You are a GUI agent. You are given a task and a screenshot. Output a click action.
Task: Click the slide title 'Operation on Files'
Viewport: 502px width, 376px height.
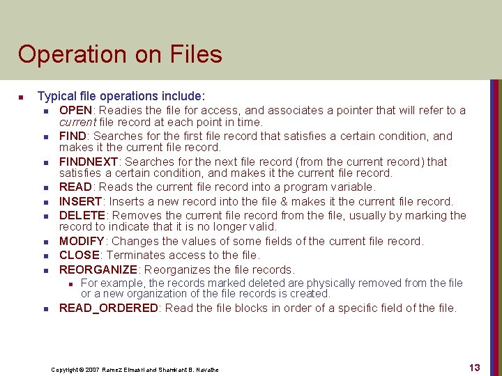point(120,54)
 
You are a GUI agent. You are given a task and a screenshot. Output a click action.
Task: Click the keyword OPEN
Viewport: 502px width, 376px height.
point(75,111)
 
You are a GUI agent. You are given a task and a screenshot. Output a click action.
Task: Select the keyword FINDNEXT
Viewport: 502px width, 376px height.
point(87,162)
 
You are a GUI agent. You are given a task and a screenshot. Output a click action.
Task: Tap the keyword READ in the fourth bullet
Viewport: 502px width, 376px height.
point(75,187)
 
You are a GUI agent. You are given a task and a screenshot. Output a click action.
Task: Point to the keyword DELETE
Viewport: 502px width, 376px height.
point(82,216)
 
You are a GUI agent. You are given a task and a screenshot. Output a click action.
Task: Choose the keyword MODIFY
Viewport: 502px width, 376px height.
point(82,242)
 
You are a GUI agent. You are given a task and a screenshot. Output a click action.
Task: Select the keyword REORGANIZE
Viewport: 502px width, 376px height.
point(98,270)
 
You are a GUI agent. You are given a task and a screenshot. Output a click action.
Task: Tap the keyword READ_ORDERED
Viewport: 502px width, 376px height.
point(108,308)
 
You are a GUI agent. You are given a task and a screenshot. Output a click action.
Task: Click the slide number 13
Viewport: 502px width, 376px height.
point(474,368)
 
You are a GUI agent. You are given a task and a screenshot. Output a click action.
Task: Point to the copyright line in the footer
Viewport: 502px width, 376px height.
point(135,369)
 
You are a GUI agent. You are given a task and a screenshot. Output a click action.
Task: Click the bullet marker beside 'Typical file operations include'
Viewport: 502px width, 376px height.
point(22,97)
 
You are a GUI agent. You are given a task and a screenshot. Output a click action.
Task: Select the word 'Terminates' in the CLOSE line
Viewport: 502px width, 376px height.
point(132,256)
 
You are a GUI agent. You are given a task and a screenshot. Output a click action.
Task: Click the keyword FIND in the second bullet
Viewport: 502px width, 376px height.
point(73,136)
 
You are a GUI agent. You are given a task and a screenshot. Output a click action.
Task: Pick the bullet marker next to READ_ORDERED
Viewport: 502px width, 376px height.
point(45,308)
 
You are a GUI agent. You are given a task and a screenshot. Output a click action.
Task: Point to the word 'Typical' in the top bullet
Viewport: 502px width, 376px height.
point(56,96)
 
